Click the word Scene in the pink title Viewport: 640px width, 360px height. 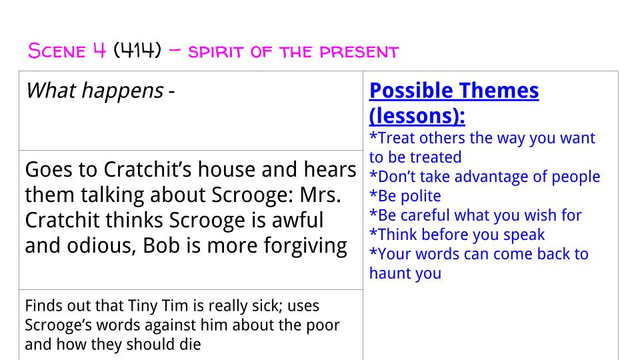pos(57,51)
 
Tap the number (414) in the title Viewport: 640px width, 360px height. pos(137,51)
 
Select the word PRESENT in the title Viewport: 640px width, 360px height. pos(359,52)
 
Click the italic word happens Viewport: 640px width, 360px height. pos(123,91)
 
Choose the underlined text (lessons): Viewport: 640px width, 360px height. pos(417,115)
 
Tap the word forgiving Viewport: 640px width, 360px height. pos(305,246)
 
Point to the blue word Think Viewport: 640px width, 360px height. pos(397,235)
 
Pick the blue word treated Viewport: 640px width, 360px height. pos(435,157)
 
